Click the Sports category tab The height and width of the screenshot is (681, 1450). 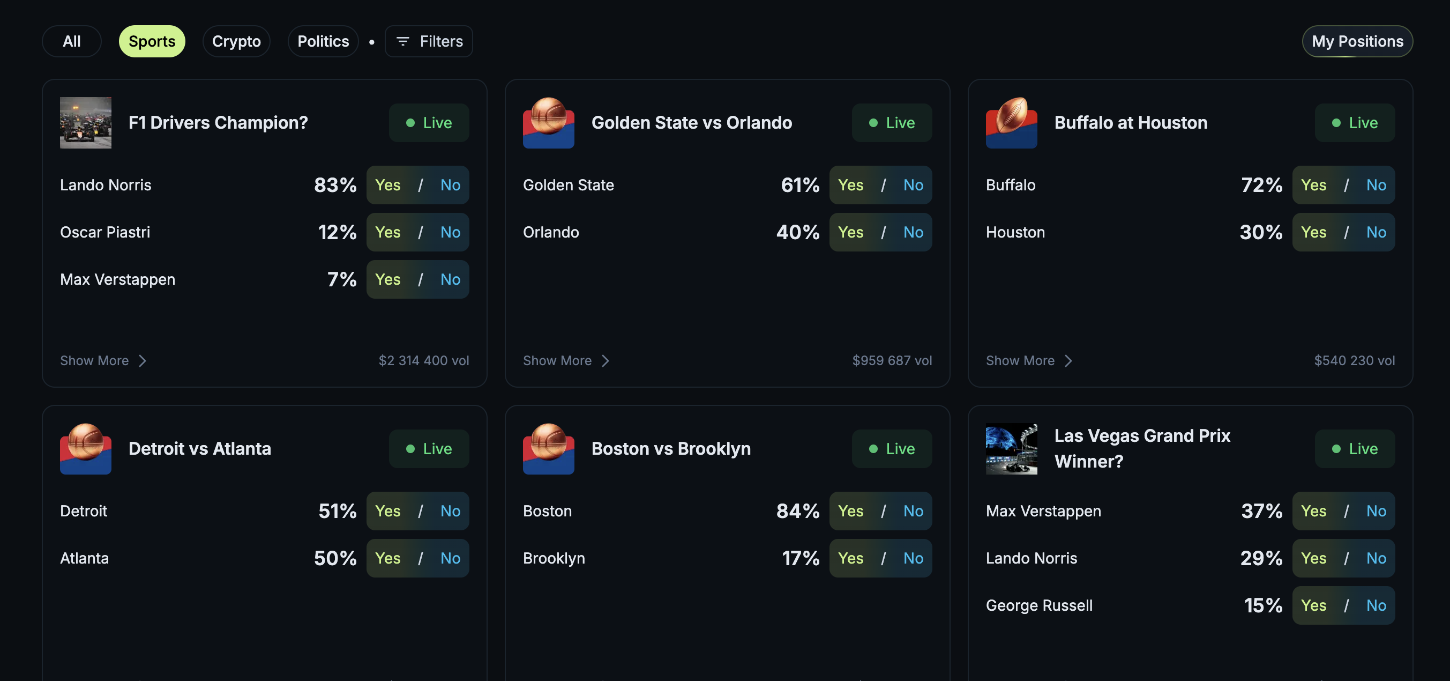point(152,41)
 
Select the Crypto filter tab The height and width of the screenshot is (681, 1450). point(236,41)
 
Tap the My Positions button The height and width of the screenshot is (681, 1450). point(1357,41)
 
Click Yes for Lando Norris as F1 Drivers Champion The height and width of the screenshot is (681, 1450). point(388,185)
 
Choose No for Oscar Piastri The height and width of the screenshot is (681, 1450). point(450,232)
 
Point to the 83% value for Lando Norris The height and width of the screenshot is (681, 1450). point(335,185)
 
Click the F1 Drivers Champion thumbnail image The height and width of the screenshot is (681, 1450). point(86,123)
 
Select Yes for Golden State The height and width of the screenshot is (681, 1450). point(850,185)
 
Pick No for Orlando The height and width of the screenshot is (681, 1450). point(913,232)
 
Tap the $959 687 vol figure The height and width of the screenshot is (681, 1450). point(892,360)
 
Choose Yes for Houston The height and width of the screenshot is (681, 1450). point(1313,232)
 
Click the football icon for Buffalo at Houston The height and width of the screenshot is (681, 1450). point(1011,123)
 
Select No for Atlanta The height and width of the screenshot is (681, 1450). point(450,558)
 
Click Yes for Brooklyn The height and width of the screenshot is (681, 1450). point(850,558)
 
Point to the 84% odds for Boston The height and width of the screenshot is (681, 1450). point(798,511)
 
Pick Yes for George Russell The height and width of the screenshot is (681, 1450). point(1313,605)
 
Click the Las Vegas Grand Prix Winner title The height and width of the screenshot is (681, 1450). point(1141,448)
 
